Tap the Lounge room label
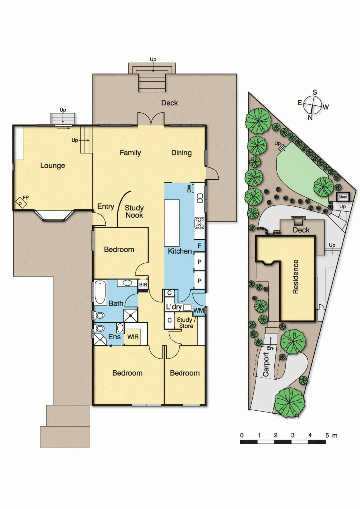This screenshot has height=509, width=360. [x=52, y=165]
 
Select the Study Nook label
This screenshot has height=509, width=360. [x=134, y=212]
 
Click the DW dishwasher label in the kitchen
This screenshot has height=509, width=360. [x=189, y=189]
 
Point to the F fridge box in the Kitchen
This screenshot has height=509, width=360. [x=199, y=246]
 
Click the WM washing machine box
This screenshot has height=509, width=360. [x=199, y=311]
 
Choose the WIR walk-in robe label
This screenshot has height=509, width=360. [x=133, y=337]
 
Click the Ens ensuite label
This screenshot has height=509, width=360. [x=114, y=337]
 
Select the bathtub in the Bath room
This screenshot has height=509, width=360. [x=100, y=292]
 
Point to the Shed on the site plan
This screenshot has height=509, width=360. [x=343, y=197]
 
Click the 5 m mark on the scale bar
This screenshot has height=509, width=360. [x=327, y=436]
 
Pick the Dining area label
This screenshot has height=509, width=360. [x=181, y=153]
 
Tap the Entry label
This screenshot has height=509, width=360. [x=106, y=207]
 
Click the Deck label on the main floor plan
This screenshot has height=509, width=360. [x=169, y=103]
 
